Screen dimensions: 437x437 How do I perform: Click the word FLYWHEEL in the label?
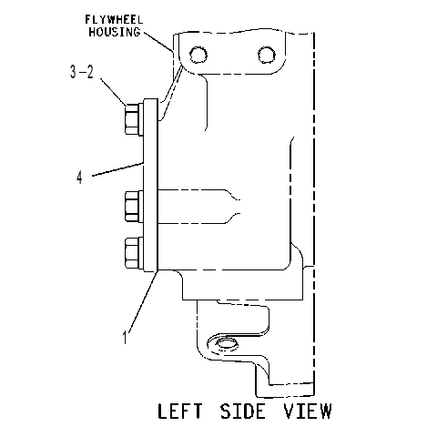114,20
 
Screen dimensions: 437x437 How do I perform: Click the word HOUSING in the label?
115,32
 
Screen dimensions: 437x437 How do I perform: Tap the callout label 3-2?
82,73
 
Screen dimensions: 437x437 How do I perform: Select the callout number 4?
79,178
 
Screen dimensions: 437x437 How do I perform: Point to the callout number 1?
125,337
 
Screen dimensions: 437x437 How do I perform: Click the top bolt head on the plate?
133,119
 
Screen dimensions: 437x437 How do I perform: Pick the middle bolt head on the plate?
134,207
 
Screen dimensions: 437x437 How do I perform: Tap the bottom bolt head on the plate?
134,253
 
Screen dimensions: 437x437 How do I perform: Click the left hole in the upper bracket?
198,55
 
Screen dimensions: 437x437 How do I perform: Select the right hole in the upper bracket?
267,56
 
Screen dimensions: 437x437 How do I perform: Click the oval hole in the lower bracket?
227,343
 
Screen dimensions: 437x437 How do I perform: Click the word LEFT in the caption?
179,412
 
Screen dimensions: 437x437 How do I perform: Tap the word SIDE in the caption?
243,412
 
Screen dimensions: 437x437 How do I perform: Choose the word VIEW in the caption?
308,412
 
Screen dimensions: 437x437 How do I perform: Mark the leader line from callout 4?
117,169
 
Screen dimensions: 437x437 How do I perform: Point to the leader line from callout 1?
143,301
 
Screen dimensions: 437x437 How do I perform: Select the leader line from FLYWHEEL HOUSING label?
158,41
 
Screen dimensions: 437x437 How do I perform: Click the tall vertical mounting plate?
151,185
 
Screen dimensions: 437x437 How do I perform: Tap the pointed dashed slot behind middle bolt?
198,207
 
